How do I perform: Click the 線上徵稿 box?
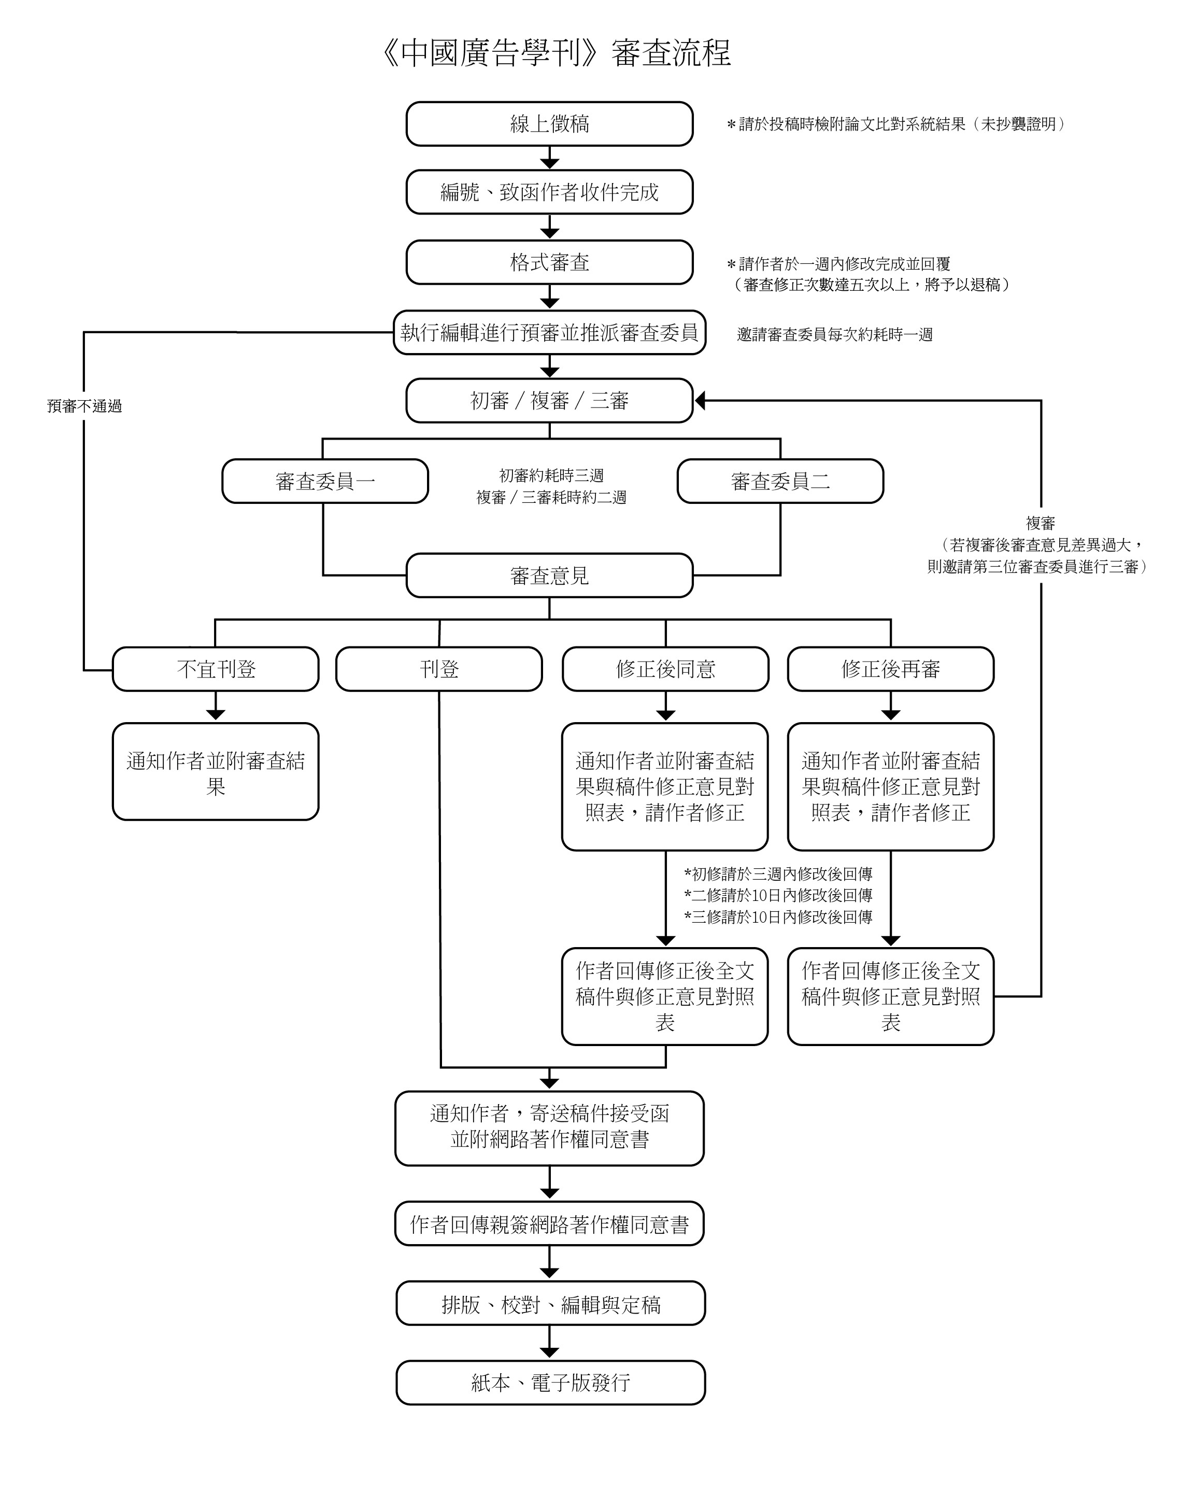[549, 124]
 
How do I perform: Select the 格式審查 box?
[549, 262]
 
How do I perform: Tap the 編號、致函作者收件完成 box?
[549, 192]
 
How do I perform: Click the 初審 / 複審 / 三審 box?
[549, 400]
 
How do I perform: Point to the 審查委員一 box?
[325, 481]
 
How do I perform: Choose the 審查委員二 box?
[780, 481]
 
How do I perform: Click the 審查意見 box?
[549, 575]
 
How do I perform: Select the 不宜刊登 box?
[216, 669]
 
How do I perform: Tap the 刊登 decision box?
[439, 669]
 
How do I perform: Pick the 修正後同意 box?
[665, 669]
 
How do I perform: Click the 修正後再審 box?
[890, 669]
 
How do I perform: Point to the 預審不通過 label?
[84, 406]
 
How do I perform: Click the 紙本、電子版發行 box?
[550, 1383]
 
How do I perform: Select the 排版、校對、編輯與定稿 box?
[550, 1304]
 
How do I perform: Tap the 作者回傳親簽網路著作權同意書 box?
[549, 1224]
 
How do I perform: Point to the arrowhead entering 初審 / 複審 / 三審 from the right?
[700, 400]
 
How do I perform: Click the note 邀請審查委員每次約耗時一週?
[834, 334]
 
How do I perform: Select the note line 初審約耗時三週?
[551, 476]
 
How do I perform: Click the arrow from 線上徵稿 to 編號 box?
[549, 158]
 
